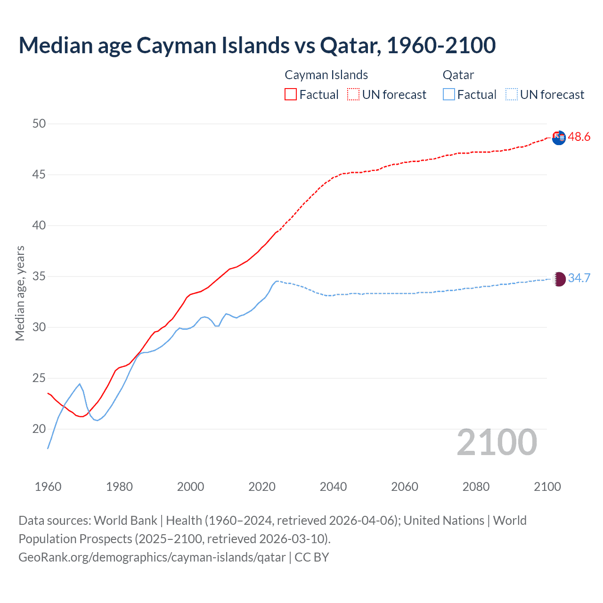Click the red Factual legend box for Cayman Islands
(291, 95)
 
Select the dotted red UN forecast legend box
(353, 95)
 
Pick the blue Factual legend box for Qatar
(449, 95)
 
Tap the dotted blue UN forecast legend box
(512, 95)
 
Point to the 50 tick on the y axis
(39, 124)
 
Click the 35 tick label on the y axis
(39, 277)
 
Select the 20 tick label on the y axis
(39, 429)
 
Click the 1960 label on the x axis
(48, 487)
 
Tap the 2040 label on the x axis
(333, 487)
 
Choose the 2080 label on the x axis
(476, 487)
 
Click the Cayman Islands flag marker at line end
(559, 138)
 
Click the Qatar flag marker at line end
(559, 279)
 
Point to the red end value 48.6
(579, 137)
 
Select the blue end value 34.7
(579, 278)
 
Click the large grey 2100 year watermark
(497, 442)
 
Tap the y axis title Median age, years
(20, 293)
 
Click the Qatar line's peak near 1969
(80, 384)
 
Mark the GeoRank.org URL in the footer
(152, 557)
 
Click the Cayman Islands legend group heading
(326, 75)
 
